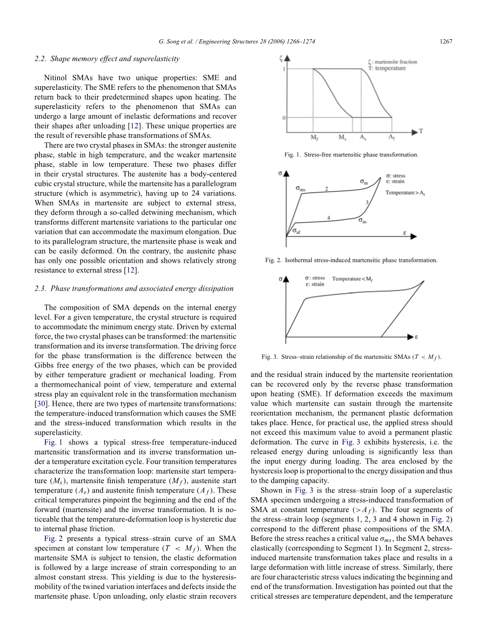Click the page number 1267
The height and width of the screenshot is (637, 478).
[446, 42]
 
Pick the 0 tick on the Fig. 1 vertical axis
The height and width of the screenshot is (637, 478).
[284, 118]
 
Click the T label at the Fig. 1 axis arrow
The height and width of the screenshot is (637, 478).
[421, 131]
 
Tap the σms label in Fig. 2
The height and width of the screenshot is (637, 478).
[301, 189]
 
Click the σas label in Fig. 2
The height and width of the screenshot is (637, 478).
[364, 220]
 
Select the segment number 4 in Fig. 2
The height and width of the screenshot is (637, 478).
[329, 217]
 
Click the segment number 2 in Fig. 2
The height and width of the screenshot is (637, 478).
[326, 188]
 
